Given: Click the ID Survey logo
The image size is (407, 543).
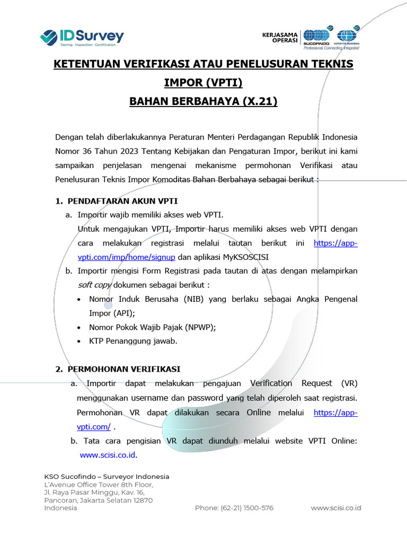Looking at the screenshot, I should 82,37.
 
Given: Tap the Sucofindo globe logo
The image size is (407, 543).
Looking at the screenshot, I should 317,36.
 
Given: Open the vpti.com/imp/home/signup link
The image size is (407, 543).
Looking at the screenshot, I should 126,257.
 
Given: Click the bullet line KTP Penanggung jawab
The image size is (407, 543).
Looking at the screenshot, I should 133,341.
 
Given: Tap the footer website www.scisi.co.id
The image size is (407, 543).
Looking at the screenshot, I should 336,508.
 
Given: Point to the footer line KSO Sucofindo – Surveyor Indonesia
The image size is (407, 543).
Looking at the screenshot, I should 107,476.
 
